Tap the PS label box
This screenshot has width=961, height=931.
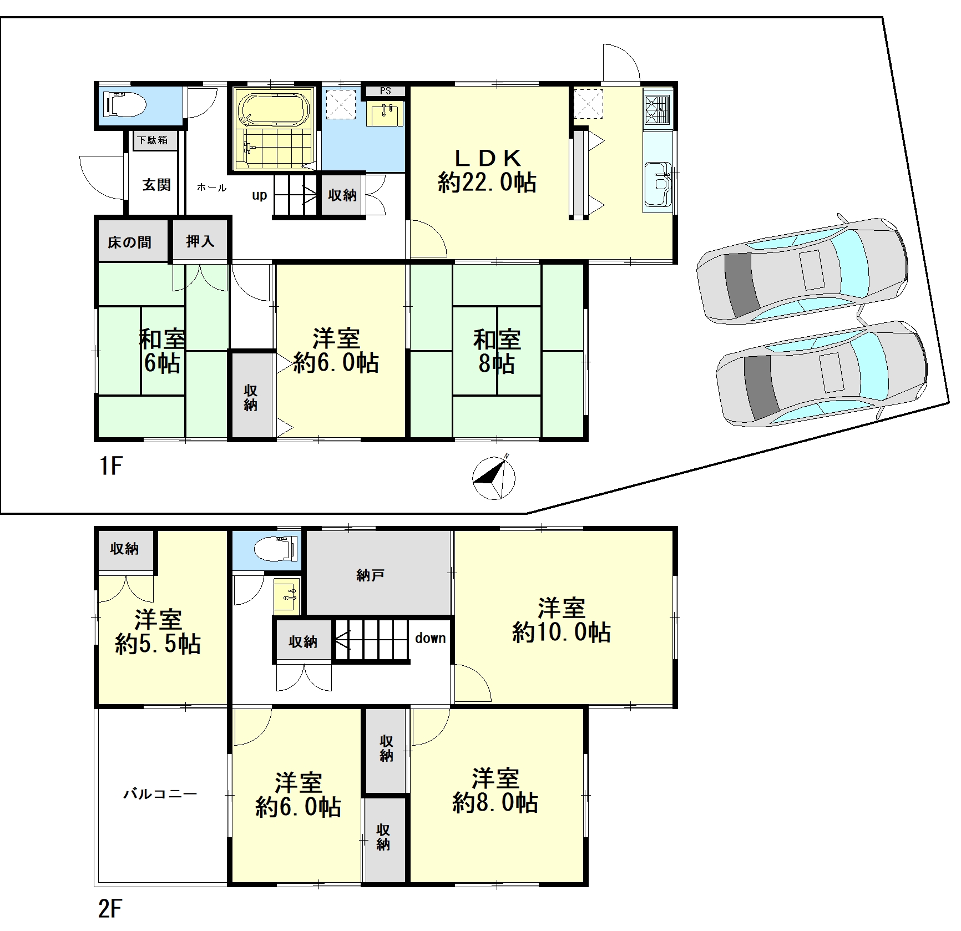(x=385, y=91)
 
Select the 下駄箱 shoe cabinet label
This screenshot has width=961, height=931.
(x=154, y=140)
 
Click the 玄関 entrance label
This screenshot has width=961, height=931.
(x=156, y=185)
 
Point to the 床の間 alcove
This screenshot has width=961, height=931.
(x=130, y=242)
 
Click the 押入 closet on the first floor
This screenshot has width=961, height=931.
(x=200, y=241)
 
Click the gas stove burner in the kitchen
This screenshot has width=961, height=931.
(x=658, y=109)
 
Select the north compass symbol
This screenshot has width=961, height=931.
(x=494, y=477)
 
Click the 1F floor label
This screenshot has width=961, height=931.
(x=110, y=466)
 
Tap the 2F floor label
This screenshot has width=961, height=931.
(x=110, y=908)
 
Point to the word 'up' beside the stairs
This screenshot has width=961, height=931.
(x=259, y=195)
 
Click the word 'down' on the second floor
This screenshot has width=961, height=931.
(x=431, y=638)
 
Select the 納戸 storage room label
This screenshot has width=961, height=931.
(x=371, y=575)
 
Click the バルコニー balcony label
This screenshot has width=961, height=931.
(x=160, y=794)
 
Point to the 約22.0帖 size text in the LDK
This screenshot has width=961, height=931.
(x=487, y=182)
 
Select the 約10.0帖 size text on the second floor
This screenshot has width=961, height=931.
(x=561, y=633)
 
